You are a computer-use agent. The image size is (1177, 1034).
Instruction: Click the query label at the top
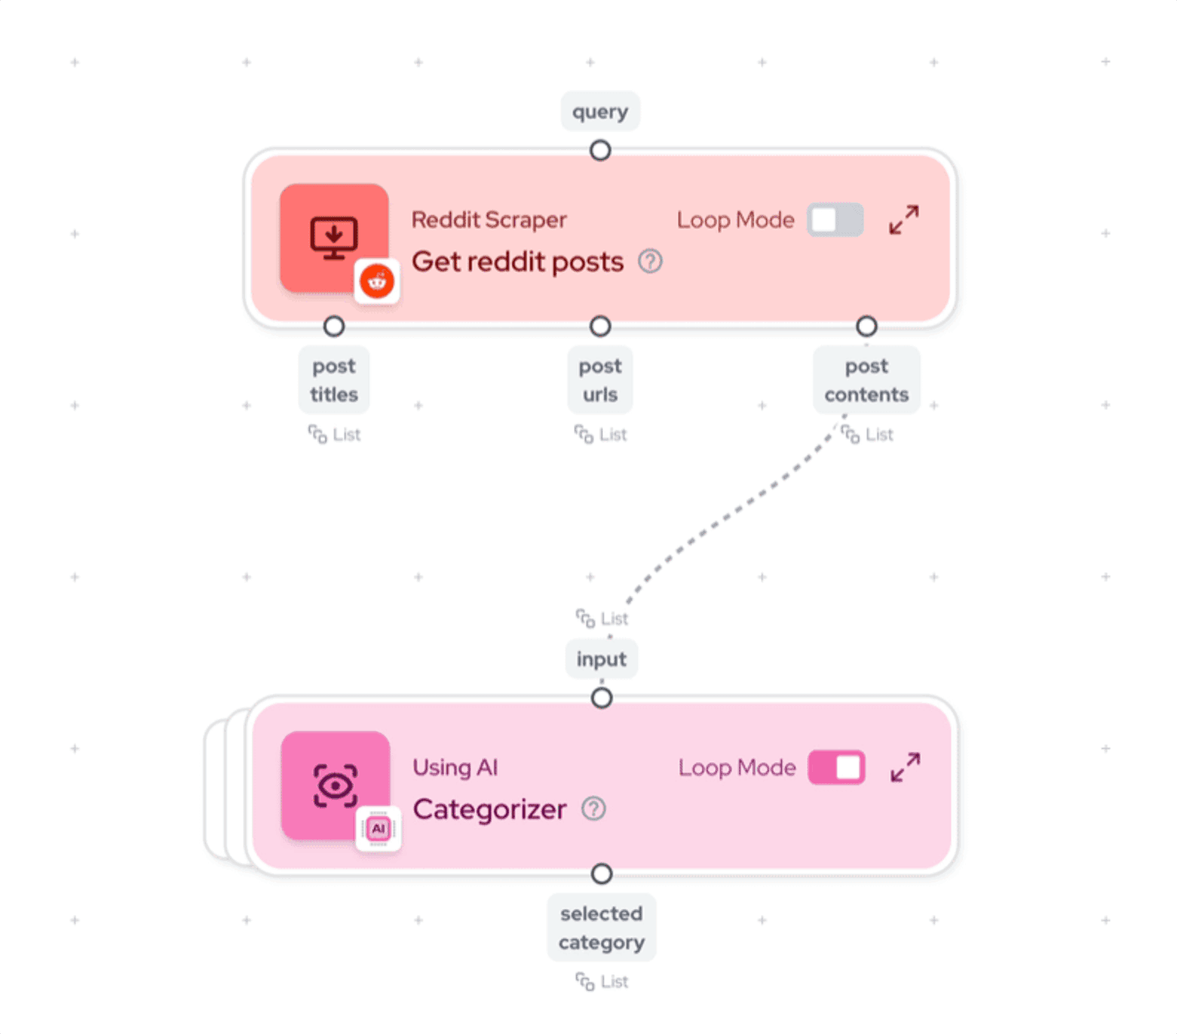click(x=600, y=112)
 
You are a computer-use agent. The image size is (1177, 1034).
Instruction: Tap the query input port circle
click(x=600, y=151)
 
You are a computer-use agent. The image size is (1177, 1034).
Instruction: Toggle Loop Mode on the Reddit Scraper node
click(x=835, y=220)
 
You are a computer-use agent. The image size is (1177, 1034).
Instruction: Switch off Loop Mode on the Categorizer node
click(x=836, y=768)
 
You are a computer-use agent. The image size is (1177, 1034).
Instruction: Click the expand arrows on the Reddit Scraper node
click(x=904, y=220)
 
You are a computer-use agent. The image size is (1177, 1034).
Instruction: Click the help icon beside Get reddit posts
click(x=650, y=261)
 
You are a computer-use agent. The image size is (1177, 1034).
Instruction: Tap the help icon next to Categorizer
click(x=594, y=809)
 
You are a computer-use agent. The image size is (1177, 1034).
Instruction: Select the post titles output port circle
click(x=334, y=326)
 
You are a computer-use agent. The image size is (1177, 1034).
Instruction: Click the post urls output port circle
click(x=600, y=326)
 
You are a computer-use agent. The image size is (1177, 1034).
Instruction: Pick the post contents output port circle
click(x=867, y=326)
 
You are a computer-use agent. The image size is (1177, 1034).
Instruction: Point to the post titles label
click(x=334, y=380)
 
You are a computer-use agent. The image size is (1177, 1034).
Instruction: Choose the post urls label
click(x=600, y=380)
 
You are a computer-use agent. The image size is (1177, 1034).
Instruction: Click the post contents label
click(x=867, y=380)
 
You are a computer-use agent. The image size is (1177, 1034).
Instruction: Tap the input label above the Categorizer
click(x=602, y=659)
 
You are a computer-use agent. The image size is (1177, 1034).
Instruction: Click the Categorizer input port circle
click(x=602, y=698)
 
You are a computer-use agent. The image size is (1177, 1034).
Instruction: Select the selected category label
click(x=602, y=928)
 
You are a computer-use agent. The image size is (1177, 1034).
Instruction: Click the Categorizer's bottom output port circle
click(x=602, y=874)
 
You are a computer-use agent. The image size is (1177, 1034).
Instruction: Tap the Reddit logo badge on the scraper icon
click(x=377, y=281)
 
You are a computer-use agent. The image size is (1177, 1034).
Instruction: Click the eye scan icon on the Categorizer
click(x=335, y=785)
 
